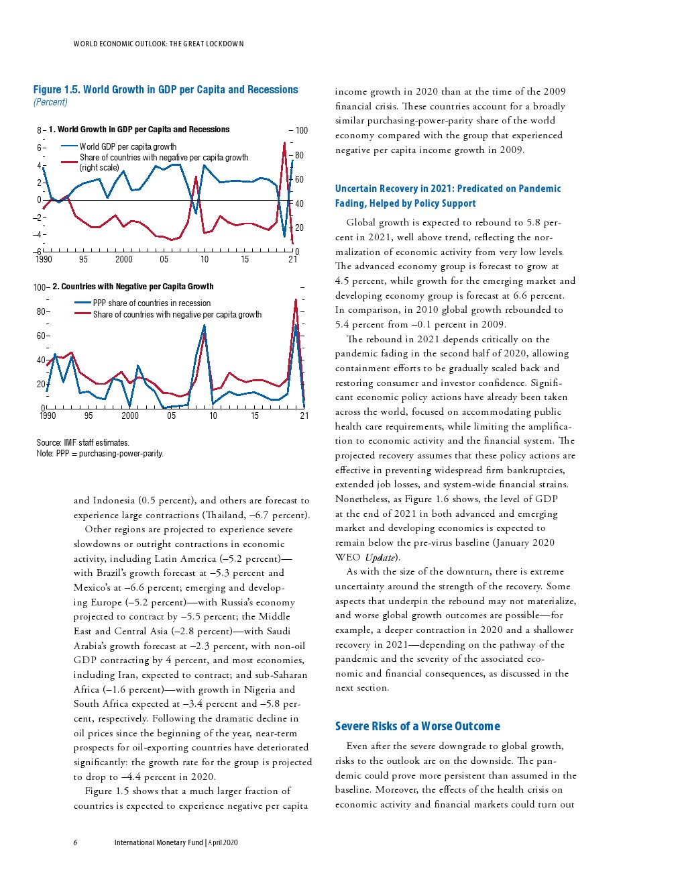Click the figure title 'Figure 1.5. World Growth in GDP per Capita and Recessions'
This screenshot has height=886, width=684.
pos(166,90)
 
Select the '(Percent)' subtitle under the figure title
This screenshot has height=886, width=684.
pos(50,102)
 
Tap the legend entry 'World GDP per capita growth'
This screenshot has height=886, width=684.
pos(127,146)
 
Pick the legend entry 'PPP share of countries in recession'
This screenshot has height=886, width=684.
pos(152,303)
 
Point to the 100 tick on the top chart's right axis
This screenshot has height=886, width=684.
pos(301,130)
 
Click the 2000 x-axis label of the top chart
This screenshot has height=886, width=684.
pos(124,260)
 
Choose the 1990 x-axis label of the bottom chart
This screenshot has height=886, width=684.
pos(48,416)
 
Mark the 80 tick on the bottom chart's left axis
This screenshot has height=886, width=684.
pos(40,311)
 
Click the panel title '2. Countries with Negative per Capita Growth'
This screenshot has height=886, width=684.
pos(133,287)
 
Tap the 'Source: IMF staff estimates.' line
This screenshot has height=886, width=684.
pos(82,443)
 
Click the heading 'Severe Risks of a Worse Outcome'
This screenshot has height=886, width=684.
pos(417,726)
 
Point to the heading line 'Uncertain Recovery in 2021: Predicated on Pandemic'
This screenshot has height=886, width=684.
pos(447,189)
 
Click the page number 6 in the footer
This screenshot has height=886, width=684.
pos(75,842)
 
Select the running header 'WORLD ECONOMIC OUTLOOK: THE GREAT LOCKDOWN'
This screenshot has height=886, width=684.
pos(158,44)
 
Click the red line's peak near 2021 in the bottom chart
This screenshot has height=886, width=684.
pos(296,300)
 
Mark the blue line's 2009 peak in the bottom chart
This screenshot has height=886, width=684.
pos(204,326)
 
